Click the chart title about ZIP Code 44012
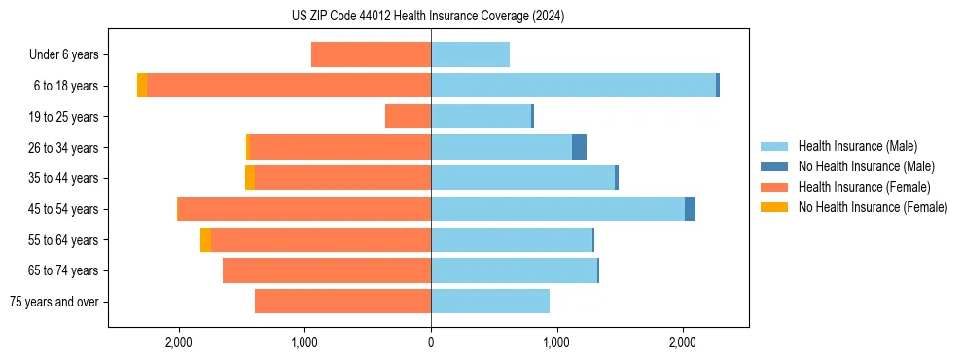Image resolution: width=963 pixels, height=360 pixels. click(428, 17)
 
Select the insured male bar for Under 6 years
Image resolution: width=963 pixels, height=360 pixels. click(470, 54)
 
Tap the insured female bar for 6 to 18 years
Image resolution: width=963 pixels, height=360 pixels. click(289, 86)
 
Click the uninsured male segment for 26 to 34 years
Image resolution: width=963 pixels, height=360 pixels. click(579, 147)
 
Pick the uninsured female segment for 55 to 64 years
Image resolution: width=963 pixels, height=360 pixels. click(205, 239)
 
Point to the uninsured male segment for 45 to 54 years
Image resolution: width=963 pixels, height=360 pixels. click(690, 209)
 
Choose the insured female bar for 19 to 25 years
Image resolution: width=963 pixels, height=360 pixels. click(408, 117)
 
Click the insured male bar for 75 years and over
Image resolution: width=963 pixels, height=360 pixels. click(490, 302)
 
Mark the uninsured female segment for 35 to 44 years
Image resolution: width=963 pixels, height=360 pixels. click(250, 178)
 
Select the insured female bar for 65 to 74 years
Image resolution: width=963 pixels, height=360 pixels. click(327, 270)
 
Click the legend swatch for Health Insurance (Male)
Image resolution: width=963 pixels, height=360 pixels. click(774, 146)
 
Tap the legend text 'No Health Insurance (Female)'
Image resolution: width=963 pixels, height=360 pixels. click(873, 207)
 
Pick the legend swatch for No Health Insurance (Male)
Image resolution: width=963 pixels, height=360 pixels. click(774, 166)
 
